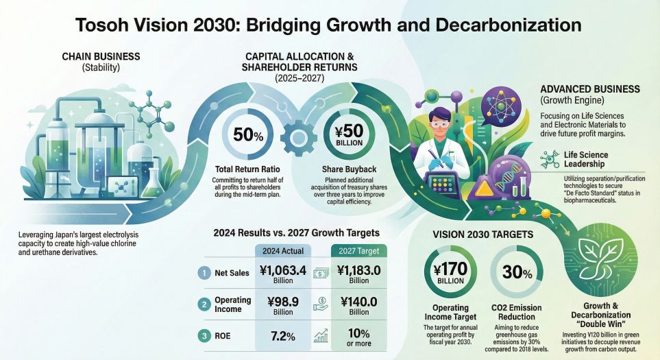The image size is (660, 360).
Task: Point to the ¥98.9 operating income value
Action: click(282, 307)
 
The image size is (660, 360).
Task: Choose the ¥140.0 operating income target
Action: click(359, 307)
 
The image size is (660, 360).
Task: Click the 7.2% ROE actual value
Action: click(282, 337)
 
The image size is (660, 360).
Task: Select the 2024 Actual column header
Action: click(282, 250)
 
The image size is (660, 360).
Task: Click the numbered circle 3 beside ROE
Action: click(204, 336)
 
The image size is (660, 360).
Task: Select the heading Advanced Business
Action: click(589, 89)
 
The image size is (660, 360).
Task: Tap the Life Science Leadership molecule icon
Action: click(548, 160)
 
